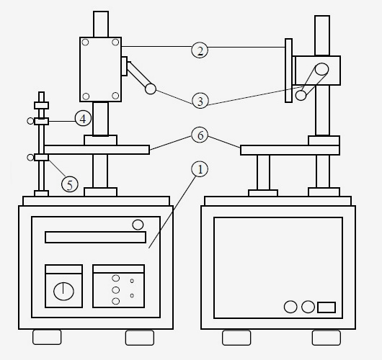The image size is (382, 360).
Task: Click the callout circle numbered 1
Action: click(x=200, y=169)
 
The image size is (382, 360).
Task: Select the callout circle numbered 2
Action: click(x=200, y=50)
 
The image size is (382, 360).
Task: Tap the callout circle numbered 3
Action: click(x=200, y=101)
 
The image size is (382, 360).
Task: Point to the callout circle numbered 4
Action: click(x=83, y=118)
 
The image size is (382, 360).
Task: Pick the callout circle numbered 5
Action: click(x=70, y=184)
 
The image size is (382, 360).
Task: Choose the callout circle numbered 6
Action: click(x=200, y=135)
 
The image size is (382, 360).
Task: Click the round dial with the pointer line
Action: click(x=63, y=292)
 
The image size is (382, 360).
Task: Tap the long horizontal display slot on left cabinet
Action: click(x=95, y=238)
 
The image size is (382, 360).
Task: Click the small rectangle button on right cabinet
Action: click(x=327, y=307)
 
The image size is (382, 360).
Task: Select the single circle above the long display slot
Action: click(x=138, y=225)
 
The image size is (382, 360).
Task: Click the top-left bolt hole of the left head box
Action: click(x=85, y=42)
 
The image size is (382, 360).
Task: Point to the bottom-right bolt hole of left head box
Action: click(x=115, y=96)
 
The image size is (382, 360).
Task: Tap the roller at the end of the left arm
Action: click(x=151, y=89)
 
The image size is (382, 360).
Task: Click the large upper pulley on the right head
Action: click(x=321, y=69)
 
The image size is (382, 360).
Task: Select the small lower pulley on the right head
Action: click(x=301, y=96)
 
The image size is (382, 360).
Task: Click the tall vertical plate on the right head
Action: click(x=289, y=71)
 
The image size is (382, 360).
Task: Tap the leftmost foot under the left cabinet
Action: click(x=47, y=337)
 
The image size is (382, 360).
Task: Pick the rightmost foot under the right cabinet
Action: click(x=327, y=338)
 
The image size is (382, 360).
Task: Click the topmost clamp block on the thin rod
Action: click(x=41, y=105)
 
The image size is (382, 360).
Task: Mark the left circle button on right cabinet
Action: click(x=290, y=307)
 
